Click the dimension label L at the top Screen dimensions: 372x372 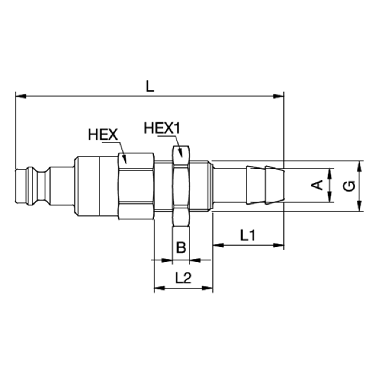149,86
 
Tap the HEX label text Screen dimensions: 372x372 103,134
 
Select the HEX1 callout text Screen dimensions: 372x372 162,128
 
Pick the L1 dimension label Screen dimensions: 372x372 247,235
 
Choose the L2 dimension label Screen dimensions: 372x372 183,278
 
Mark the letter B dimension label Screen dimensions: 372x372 181,247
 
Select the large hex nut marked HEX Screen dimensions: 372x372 136,186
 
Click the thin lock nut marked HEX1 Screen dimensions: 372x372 181,186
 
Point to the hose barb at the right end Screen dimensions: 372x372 265,185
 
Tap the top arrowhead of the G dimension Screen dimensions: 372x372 360,166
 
